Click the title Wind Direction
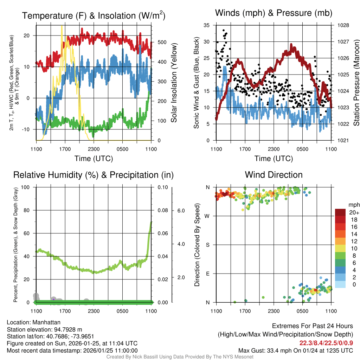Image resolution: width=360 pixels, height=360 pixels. click(x=274, y=175)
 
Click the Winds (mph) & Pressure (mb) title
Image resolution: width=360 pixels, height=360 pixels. click(x=274, y=13)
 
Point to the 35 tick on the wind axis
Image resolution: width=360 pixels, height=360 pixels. click(x=207, y=25)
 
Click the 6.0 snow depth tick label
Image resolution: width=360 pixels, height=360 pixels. click(x=180, y=211)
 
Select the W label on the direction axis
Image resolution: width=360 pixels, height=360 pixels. click(x=208, y=216)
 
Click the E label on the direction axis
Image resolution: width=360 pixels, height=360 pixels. click(x=208, y=274)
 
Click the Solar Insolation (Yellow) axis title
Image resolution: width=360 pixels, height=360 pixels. click(x=174, y=83)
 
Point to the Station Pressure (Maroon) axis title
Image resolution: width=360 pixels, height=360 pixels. click(x=356, y=83)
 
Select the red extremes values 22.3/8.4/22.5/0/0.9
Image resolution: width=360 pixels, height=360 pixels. click(x=326, y=343)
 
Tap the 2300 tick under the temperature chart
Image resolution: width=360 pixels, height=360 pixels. click(x=94, y=149)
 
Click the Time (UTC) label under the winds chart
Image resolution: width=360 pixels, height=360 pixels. click(x=274, y=159)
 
